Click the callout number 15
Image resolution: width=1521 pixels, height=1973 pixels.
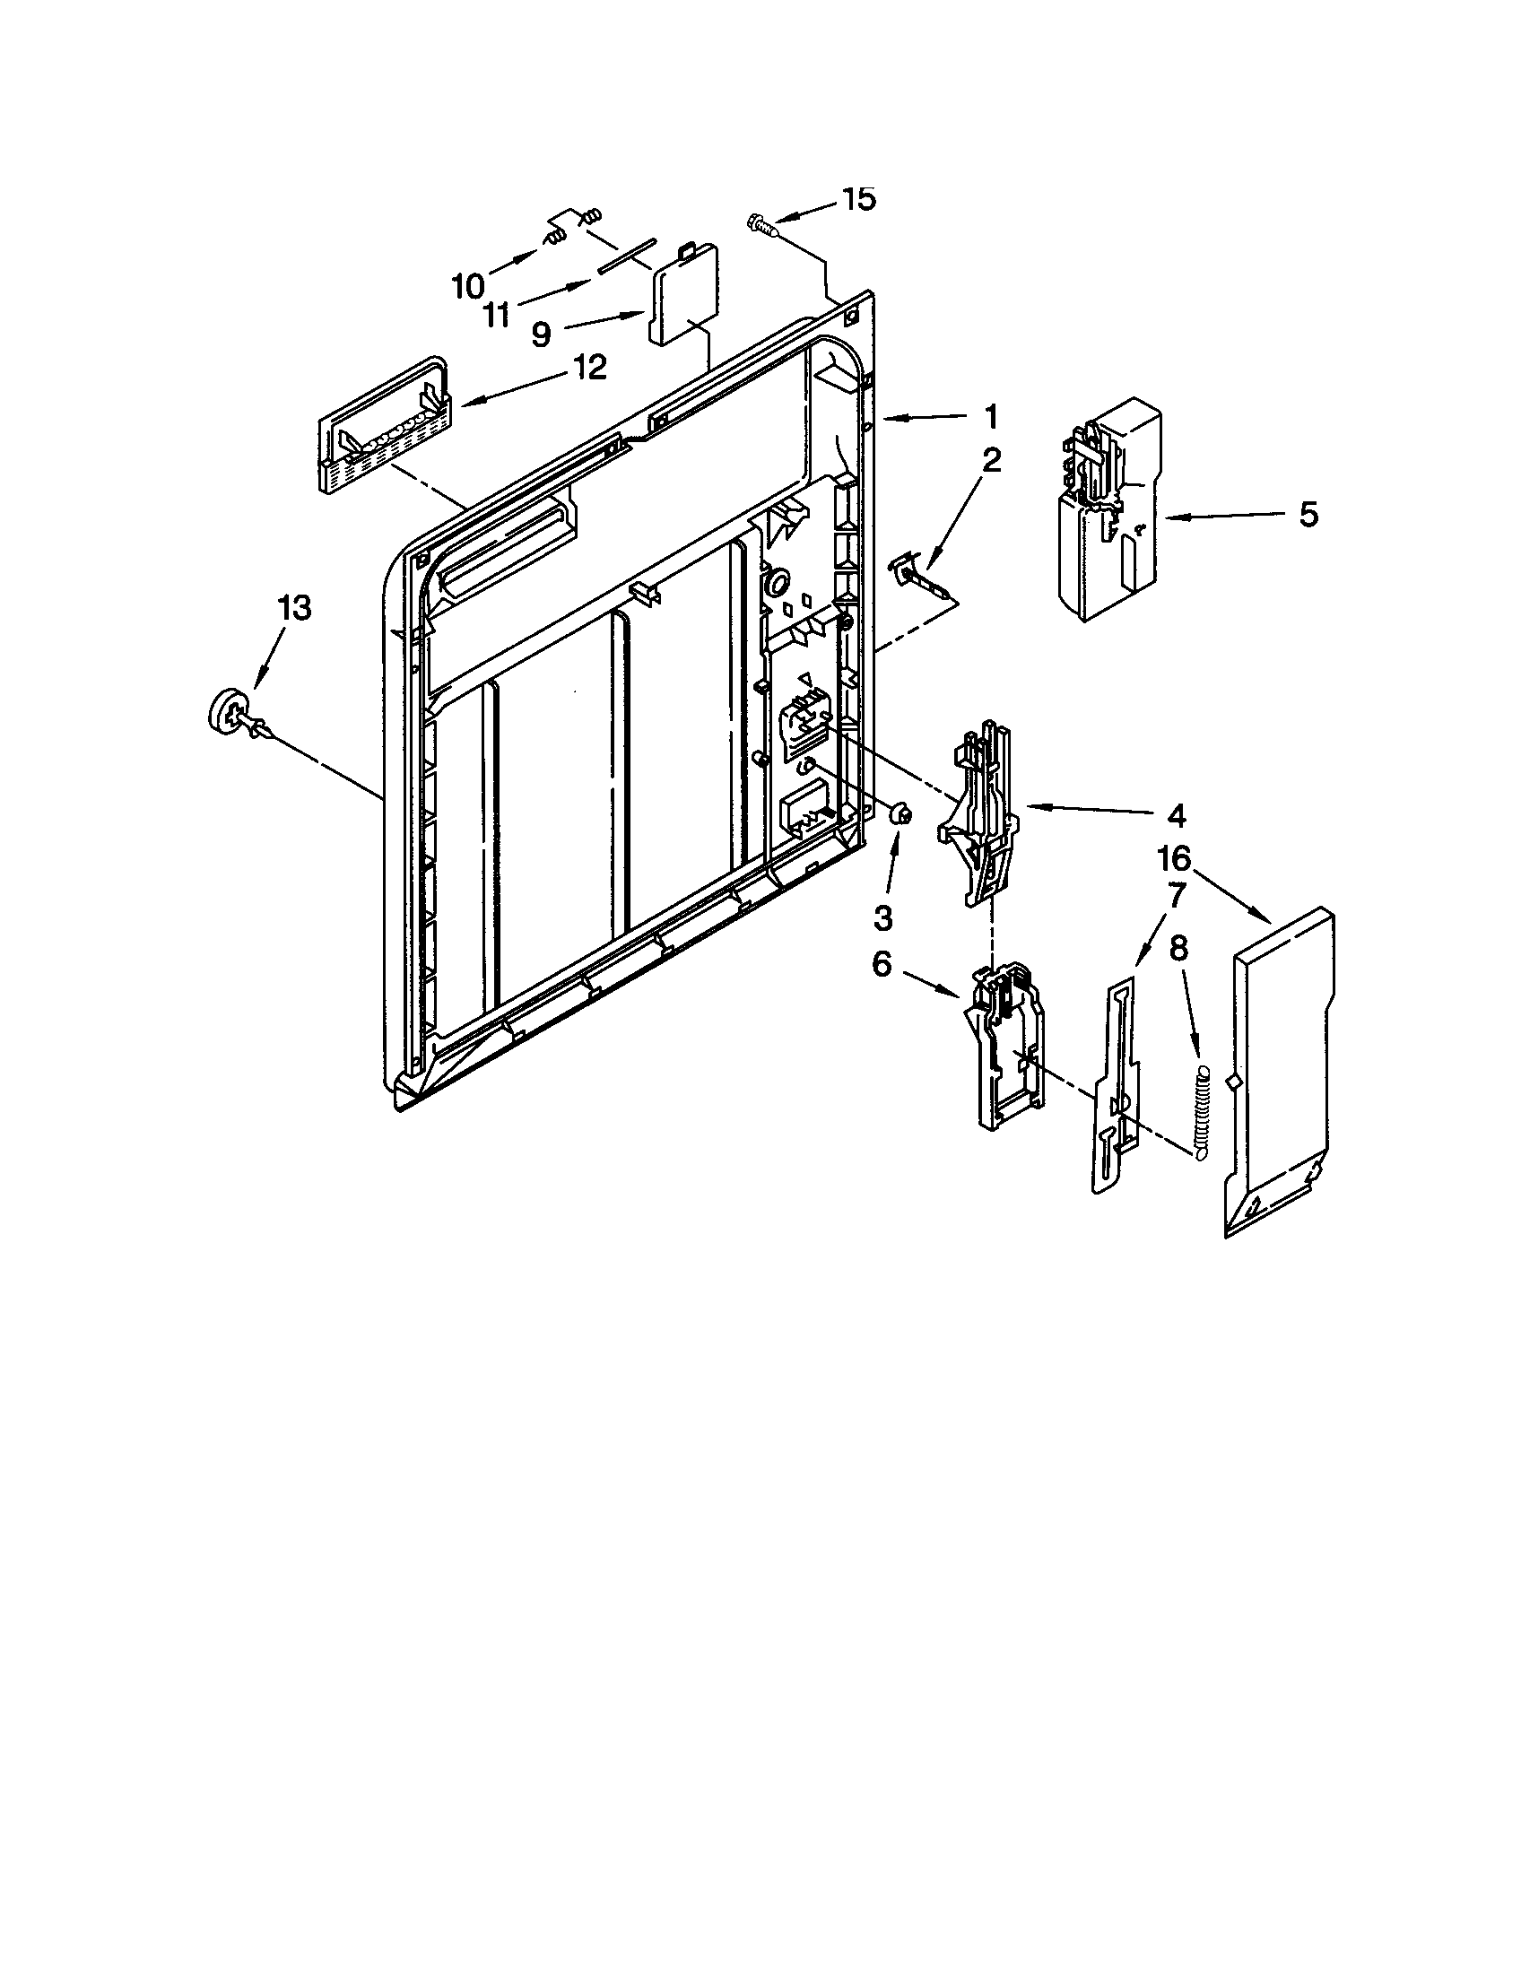[859, 200]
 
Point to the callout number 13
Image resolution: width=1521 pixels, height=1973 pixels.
[295, 608]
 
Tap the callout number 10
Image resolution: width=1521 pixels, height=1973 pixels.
[467, 286]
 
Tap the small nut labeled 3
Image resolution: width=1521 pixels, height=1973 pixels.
[900, 814]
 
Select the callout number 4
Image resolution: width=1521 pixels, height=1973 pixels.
[1175, 815]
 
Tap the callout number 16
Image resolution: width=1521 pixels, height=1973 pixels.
[1173, 858]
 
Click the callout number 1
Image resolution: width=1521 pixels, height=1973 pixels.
[991, 416]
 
